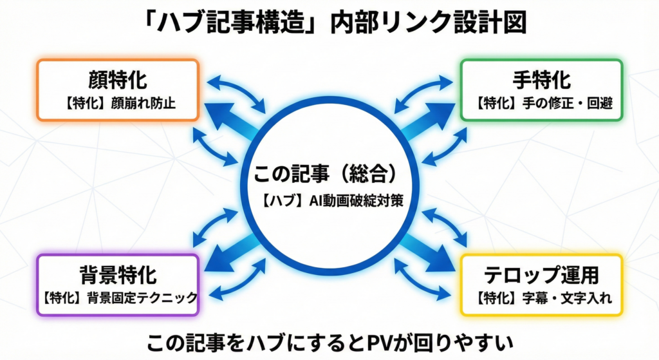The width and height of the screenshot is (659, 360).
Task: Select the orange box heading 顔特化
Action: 117,81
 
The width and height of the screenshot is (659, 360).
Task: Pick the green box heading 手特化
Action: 541,81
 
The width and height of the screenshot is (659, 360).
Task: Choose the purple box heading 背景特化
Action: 118,276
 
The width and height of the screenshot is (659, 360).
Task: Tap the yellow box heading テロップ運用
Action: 541,276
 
